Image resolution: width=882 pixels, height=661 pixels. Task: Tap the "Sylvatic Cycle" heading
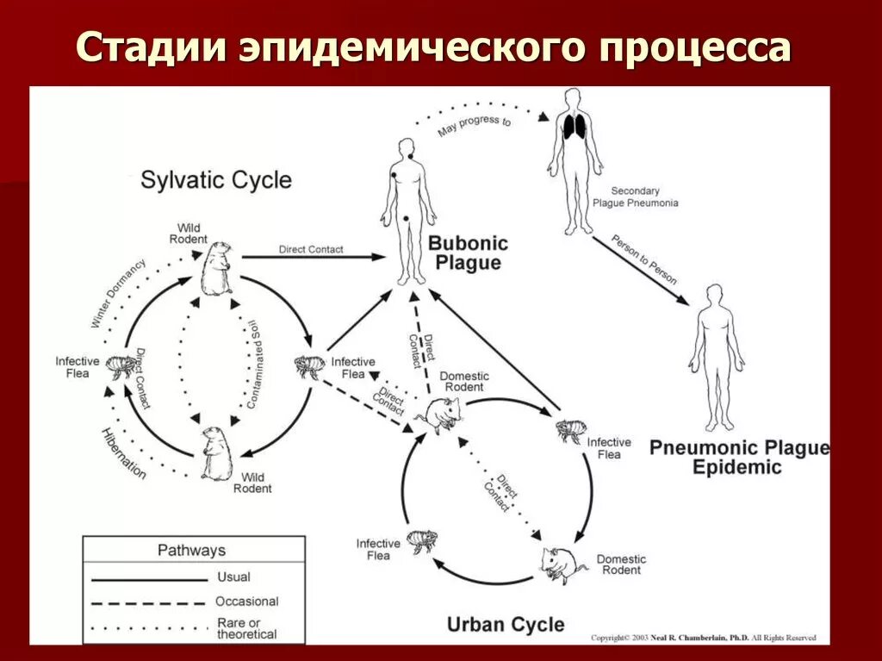coord(216,180)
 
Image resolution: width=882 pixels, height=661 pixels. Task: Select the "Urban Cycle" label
coord(506,624)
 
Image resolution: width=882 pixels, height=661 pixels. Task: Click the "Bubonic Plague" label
coord(469,253)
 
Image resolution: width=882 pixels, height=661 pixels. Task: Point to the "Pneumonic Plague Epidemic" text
coord(739,458)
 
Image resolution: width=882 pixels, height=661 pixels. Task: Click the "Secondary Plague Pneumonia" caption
coord(635,197)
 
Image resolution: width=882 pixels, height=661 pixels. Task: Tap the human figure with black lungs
coord(574,159)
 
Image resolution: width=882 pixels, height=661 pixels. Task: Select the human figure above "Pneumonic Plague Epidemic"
coord(715,358)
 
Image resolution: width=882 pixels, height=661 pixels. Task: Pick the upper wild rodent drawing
coord(216,268)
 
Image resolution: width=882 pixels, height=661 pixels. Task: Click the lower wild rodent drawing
coord(215,453)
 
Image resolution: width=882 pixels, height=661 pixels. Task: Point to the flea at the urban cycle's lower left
coord(421,542)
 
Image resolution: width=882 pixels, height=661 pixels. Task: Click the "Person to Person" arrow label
coord(644,259)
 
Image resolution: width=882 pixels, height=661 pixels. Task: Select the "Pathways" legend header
coord(191,550)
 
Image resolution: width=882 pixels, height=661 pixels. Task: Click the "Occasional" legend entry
coord(246,602)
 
